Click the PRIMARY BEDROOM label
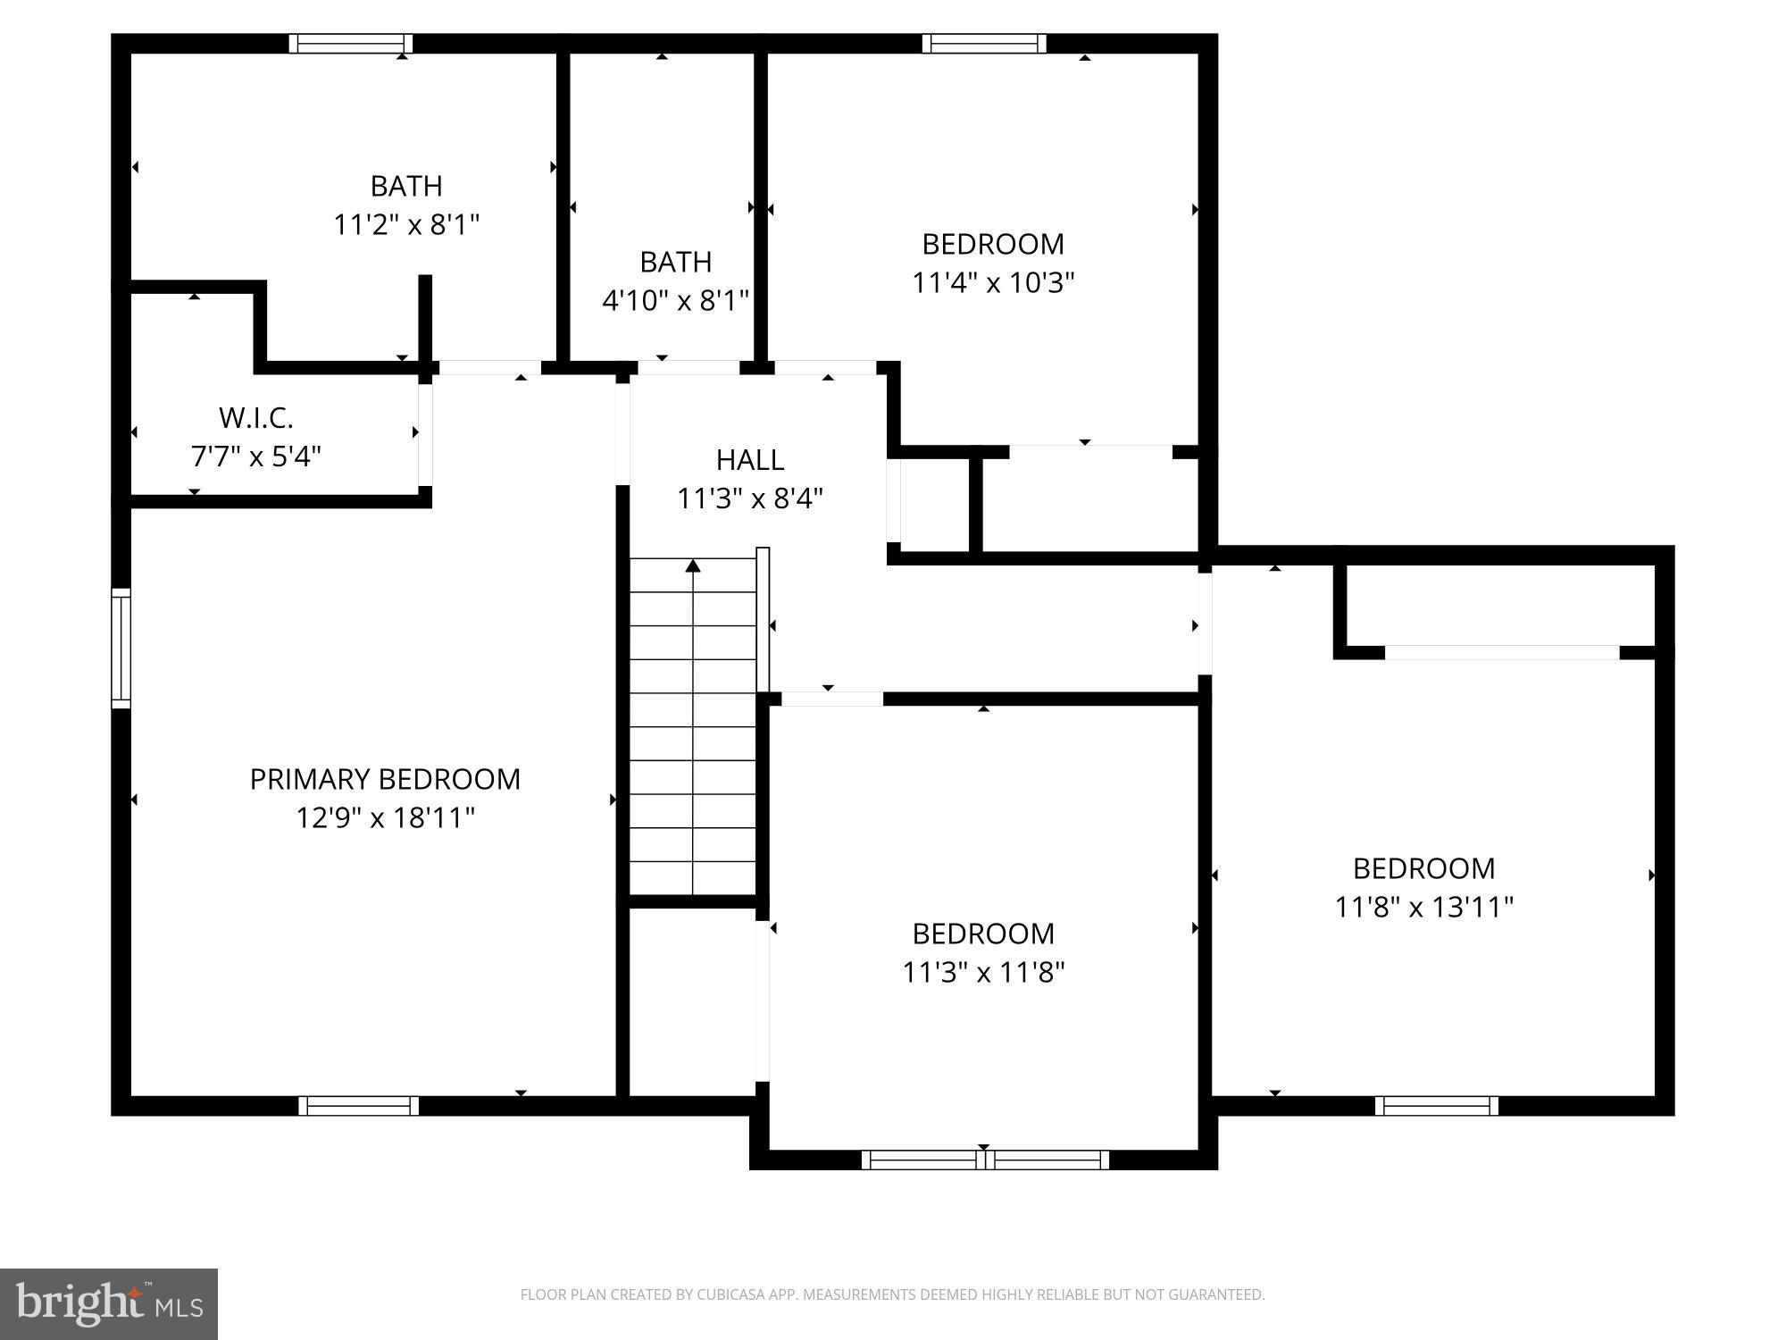click(385, 779)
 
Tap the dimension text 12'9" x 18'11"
click(385, 817)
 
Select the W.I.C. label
click(256, 417)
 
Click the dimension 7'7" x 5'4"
click(256, 456)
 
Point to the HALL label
click(750, 459)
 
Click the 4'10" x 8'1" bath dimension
click(675, 300)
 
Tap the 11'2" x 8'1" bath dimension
click(406, 224)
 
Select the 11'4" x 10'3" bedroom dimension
click(993, 282)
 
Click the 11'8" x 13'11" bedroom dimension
click(1423, 907)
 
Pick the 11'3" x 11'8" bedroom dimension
click(983, 972)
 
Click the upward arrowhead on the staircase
click(693, 565)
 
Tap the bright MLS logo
click(108, 1303)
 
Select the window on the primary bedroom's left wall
click(121, 649)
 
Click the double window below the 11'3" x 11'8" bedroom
click(985, 1160)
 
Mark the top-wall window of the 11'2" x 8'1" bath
click(351, 44)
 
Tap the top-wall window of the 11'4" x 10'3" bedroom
click(984, 44)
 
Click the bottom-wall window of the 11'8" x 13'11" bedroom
click(1437, 1106)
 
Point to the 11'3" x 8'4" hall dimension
click(750, 498)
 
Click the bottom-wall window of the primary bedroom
click(358, 1106)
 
